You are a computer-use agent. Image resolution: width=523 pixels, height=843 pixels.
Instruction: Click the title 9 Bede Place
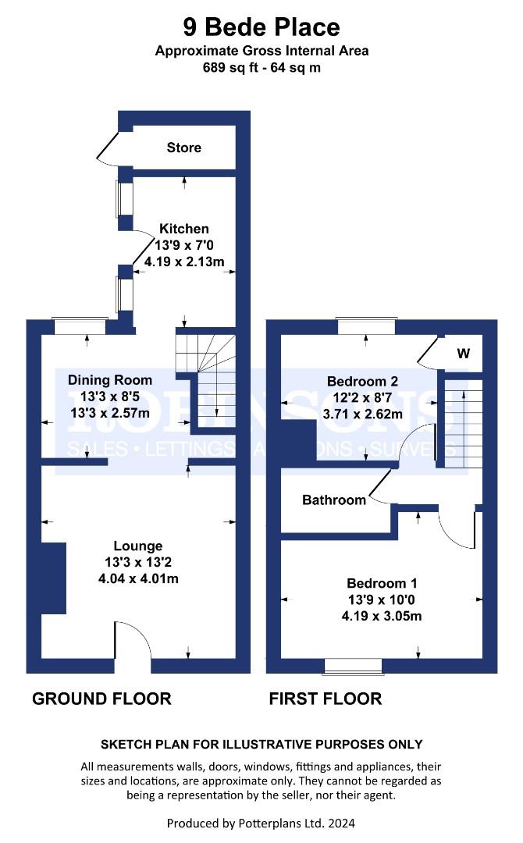click(x=261, y=27)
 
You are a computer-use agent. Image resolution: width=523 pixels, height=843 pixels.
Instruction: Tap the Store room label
click(x=183, y=148)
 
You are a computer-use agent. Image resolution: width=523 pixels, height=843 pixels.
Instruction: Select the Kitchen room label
click(x=184, y=229)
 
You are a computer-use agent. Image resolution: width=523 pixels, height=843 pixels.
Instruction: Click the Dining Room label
click(x=110, y=380)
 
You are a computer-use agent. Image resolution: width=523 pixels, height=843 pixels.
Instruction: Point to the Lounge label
click(x=138, y=546)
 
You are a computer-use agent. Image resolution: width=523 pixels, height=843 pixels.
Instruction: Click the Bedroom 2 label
click(x=362, y=382)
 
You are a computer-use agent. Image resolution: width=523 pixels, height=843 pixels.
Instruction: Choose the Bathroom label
click(x=334, y=500)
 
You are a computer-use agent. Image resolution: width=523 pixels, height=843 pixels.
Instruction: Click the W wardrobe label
click(x=463, y=354)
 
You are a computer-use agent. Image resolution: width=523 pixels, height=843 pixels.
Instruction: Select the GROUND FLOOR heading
click(x=101, y=698)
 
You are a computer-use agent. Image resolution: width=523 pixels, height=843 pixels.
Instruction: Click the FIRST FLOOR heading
click(x=326, y=698)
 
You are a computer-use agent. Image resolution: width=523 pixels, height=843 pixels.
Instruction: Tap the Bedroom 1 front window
click(x=354, y=665)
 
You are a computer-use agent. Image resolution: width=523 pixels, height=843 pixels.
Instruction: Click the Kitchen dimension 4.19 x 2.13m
click(x=184, y=262)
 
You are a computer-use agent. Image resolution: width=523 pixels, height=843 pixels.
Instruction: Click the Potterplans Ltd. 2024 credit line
click(x=261, y=823)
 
